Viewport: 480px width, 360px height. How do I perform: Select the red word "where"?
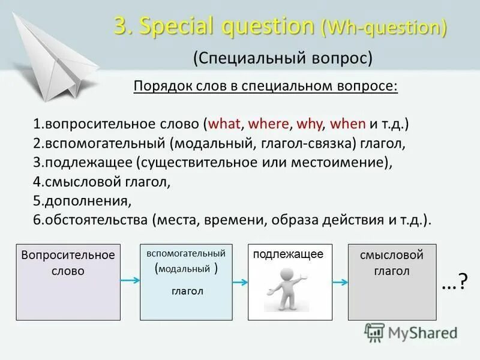click(x=269, y=124)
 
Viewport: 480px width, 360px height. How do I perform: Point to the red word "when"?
click(x=348, y=124)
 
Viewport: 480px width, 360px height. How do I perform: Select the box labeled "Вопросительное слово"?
click(x=68, y=282)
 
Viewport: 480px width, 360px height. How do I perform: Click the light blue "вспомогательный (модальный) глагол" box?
click(x=186, y=282)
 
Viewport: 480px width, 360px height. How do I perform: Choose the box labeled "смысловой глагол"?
click(x=392, y=282)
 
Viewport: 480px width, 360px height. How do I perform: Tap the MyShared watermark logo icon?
click(x=374, y=332)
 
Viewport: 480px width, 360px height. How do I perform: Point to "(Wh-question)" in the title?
click(x=384, y=27)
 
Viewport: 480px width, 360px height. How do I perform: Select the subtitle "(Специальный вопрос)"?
click(x=283, y=59)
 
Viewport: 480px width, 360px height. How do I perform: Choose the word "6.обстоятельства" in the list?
click(x=90, y=220)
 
